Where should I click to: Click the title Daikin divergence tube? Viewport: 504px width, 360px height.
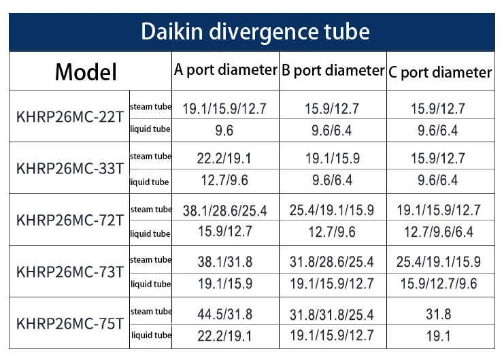point(255,31)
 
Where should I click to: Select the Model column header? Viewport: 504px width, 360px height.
point(86,72)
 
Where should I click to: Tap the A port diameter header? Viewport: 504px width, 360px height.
point(225,69)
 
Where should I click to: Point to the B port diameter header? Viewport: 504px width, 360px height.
point(333,70)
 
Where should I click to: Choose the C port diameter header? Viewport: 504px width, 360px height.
point(440,72)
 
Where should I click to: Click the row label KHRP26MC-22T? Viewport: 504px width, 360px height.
point(70,116)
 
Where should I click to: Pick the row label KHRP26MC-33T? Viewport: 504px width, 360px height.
point(70,168)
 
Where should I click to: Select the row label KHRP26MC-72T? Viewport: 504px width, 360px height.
point(70,220)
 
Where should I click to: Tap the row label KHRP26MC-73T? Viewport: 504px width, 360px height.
point(70,272)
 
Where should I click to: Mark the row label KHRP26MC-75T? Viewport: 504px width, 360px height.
point(70,323)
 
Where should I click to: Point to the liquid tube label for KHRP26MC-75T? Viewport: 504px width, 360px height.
point(151,335)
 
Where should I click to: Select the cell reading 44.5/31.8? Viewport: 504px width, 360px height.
point(225,314)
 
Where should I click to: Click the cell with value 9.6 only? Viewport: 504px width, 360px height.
point(225,130)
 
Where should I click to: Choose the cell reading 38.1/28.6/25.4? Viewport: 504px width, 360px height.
point(225,210)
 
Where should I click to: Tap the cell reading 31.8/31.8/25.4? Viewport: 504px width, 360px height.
point(332,314)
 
